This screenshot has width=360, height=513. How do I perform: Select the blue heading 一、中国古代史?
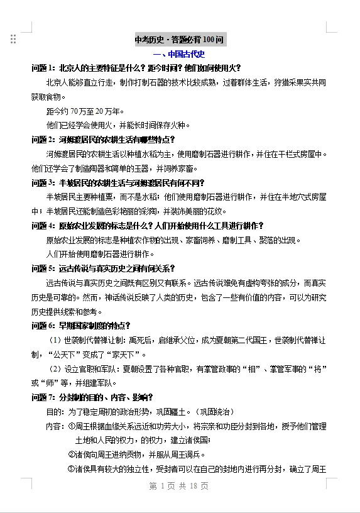tap(179, 54)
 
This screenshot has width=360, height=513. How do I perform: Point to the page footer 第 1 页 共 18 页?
tap(179, 486)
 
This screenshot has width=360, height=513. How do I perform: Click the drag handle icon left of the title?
tap(13, 40)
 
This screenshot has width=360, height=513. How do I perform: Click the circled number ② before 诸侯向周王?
tap(71, 455)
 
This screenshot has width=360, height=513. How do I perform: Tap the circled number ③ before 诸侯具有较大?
tap(71, 469)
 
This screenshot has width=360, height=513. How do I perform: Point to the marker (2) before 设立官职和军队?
tap(55, 368)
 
